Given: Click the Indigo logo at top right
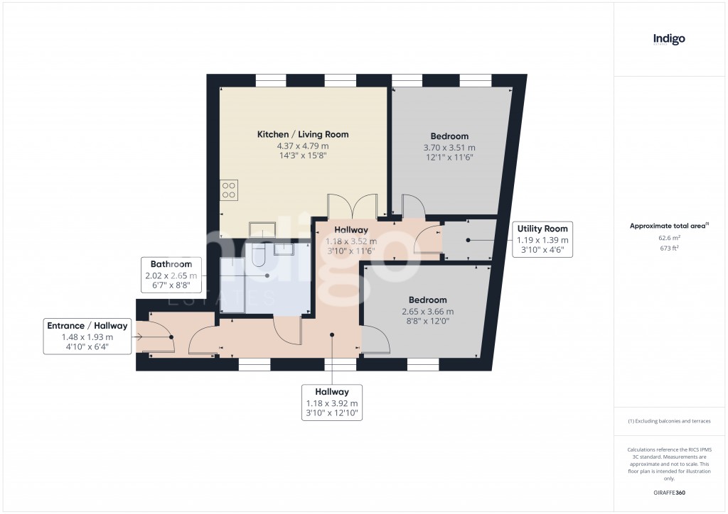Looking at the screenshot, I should (668, 40).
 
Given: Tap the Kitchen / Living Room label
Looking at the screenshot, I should (302, 134).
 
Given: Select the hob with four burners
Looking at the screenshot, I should (229, 189).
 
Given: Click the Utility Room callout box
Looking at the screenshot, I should (542, 240).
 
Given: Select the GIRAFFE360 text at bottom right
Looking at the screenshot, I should (668, 492).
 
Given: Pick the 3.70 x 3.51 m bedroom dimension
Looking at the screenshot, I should (449, 148).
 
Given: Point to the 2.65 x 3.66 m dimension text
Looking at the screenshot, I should (427, 312).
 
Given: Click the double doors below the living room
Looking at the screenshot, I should (353, 207).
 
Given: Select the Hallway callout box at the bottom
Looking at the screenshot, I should (332, 403).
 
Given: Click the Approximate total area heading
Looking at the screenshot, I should (668, 226).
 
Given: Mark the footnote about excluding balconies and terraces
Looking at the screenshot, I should (668, 421).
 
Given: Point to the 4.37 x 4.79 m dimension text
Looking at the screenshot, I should (302, 146).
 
